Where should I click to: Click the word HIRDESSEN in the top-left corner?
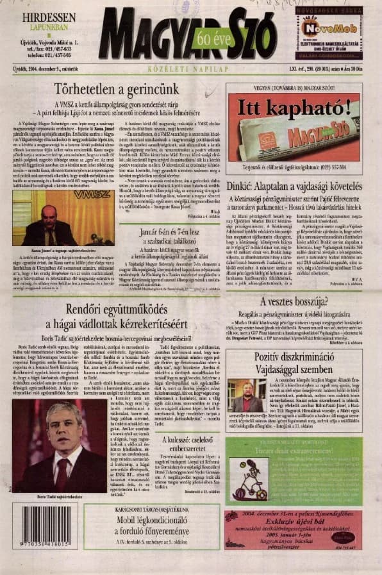49,17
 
